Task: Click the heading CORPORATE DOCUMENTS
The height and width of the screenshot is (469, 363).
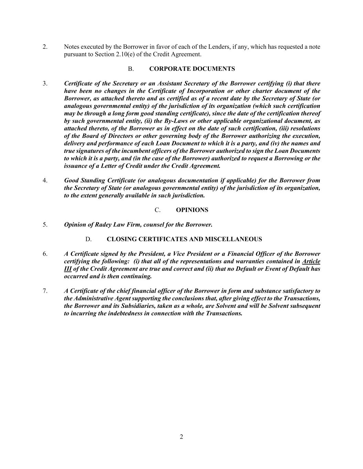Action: [192, 69]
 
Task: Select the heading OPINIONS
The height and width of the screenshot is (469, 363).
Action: [192, 210]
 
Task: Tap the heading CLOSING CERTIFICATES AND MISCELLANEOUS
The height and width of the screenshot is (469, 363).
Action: [184, 239]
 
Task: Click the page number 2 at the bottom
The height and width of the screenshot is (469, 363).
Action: [181, 437]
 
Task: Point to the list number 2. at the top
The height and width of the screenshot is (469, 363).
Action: [45, 47]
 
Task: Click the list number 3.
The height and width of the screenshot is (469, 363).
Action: [45, 83]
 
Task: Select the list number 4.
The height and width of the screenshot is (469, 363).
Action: [45, 180]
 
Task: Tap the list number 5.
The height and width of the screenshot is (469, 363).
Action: [45, 225]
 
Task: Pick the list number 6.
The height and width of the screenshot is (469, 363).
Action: [45, 254]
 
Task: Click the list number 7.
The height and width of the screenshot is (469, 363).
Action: [45, 291]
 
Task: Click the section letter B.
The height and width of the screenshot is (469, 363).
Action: [131, 69]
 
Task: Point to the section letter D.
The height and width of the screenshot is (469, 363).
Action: [88, 239]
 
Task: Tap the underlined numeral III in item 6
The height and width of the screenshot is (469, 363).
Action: [67, 269]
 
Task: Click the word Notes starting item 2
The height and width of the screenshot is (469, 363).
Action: [71, 47]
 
